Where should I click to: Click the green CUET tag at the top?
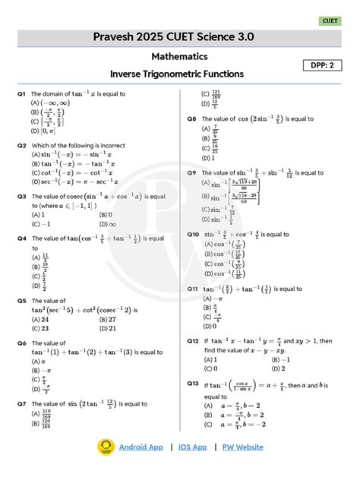330,21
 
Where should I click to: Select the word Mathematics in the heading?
179,56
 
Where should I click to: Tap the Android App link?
141,447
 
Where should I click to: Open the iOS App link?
192,447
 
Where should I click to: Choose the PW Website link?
243,447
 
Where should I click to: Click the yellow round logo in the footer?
106,447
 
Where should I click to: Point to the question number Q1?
22,94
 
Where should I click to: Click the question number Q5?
22,301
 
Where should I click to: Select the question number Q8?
192,119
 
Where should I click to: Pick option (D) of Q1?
44,131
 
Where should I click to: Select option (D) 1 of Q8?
208,158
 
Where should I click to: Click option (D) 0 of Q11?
208,326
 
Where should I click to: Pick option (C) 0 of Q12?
208,368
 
